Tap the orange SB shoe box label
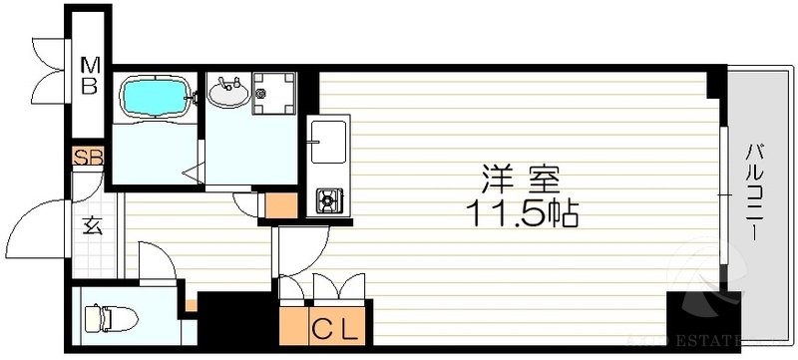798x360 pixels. click(x=87, y=158)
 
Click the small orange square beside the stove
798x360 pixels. click(x=280, y=205)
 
